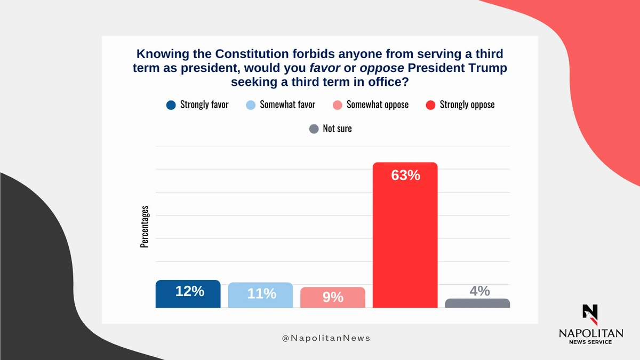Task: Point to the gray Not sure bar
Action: (477, 303)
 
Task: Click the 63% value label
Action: (405, 175)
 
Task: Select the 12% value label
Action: (190, 291)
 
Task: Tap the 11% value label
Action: (261, 293)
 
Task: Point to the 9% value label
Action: (333, 297)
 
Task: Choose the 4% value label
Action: (479, 291)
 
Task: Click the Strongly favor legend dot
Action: (171, 105)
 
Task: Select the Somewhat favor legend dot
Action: (251, 105)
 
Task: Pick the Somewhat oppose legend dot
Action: (337, 105)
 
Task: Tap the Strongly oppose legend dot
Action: (430, 105)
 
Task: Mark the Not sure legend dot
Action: (314, 129)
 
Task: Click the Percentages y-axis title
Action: (145, 226)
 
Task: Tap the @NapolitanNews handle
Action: (326, 338)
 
